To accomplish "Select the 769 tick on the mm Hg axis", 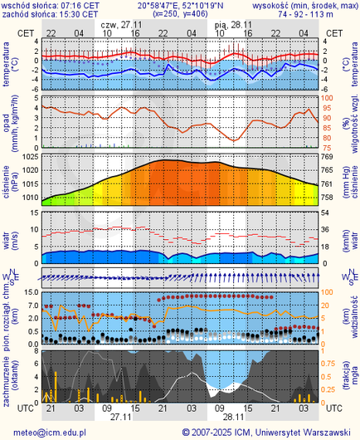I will point(327,157).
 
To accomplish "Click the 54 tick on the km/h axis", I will point(327,213).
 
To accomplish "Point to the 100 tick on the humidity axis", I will point(328,99).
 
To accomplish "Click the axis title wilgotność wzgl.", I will point(354,122).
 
